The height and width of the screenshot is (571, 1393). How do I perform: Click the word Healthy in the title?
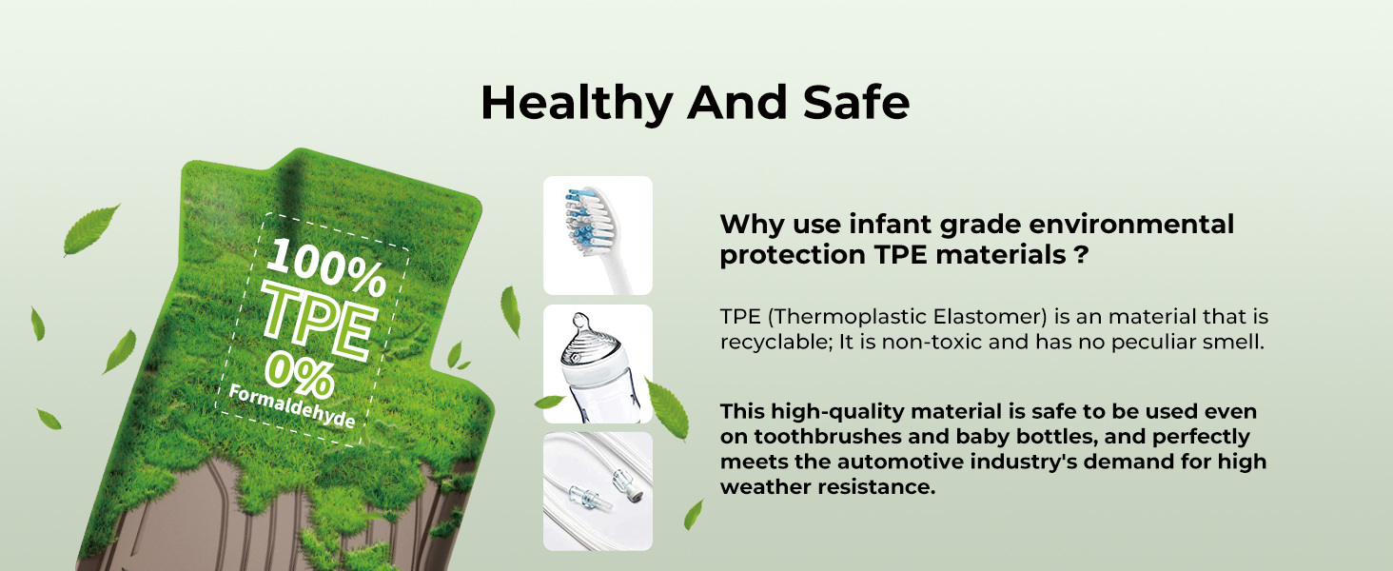coord(578,103)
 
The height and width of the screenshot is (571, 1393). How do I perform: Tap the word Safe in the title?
coord(856,102)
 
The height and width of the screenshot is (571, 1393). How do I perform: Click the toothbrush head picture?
coord(598,235)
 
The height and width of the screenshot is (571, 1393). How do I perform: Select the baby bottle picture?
coord(598,364)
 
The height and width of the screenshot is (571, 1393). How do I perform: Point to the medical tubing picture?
coord(598,491)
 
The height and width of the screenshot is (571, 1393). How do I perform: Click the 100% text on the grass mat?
coord(325,267)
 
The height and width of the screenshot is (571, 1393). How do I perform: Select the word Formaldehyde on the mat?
coord(292,406)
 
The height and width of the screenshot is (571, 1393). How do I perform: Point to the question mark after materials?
coord(1081,254)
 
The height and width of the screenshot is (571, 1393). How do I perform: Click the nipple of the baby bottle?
coord(580,323)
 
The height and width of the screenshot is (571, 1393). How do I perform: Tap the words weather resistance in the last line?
coord(828,487)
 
